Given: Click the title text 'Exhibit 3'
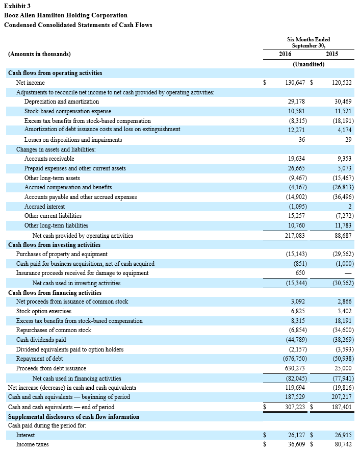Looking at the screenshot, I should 17,6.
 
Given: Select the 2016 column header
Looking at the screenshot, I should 285,54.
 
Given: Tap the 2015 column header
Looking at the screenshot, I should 331,54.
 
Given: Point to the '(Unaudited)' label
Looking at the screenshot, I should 308,64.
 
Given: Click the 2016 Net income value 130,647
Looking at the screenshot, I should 295,83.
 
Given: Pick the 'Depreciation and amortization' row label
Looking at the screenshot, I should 62,102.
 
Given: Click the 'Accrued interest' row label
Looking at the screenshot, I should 44,207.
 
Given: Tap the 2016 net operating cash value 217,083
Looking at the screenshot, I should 295,236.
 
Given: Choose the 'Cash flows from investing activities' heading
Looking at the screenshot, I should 55,245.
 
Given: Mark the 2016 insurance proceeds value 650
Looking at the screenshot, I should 300,273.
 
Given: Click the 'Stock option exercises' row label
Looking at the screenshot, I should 44,311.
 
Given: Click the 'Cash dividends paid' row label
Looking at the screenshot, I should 41,340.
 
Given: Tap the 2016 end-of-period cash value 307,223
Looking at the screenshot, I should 295,407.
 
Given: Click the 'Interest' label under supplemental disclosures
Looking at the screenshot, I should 25,435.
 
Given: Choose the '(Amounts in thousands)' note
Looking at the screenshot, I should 39,54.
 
